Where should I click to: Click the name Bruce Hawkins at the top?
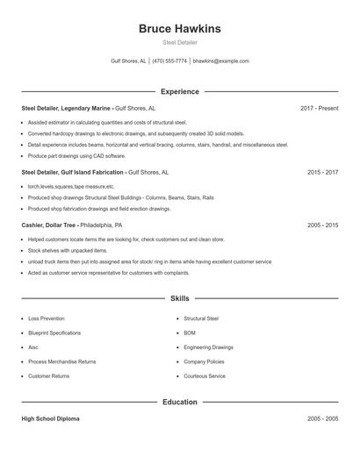(180, 29)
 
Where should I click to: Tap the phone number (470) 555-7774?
(169, 61)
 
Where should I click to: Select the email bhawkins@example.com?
(220, 61)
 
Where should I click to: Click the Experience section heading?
(180, 91)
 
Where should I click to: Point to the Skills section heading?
(180, 298)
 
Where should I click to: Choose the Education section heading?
(180, 402)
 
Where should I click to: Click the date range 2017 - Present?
(319, 108)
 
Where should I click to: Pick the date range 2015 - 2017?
(322, 173)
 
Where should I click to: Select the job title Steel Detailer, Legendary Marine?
(67, 108)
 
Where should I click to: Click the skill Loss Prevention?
(47, 318)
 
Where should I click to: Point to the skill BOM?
(190, 333)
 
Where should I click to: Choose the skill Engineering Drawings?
(208, 347)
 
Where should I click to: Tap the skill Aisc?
(33, 347)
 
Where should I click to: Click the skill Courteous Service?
(205, 376)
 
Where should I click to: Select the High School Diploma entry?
(50, 419)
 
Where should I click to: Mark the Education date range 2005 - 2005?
(322, 419)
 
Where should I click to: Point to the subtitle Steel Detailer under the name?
(180, 42)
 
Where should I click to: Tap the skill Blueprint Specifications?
(54, 333)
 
